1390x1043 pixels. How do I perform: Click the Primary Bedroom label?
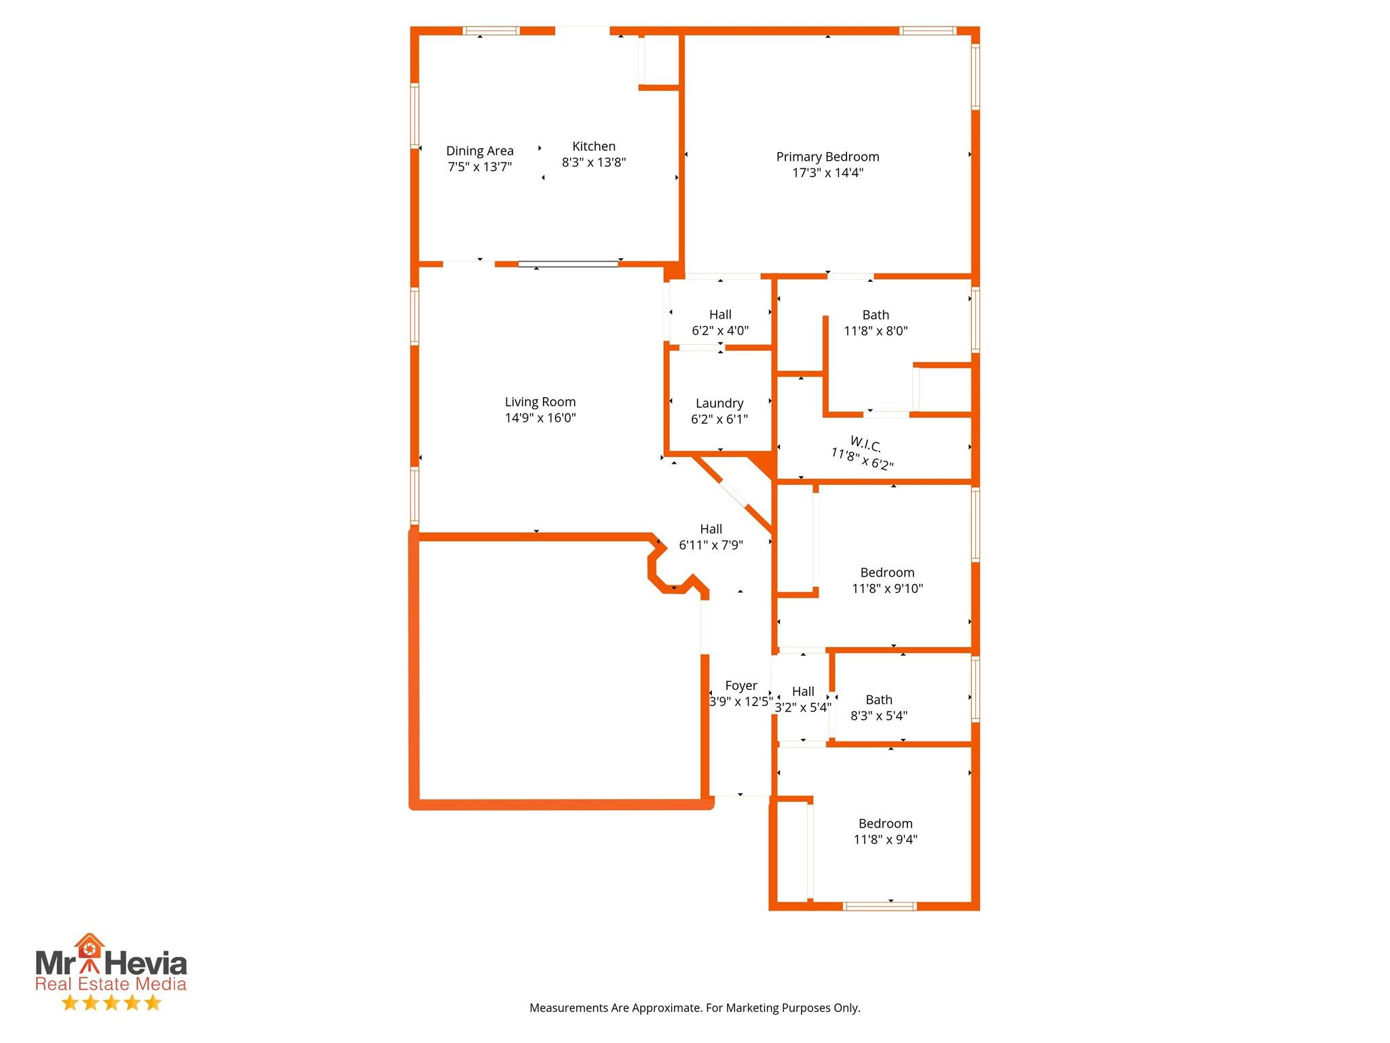tap(827, 157)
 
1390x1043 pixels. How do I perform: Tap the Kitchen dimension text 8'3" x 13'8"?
tap(593, 163)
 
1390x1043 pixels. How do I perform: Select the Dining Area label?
tap(479, 151)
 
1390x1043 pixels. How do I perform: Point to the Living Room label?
tap(540, 402)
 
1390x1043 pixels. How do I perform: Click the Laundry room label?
tap(719, 403)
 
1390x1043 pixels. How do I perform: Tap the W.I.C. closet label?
tap(865, 445)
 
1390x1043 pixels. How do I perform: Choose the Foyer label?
tap(740, 686)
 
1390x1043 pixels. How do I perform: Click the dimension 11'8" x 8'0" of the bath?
tap(876, 331)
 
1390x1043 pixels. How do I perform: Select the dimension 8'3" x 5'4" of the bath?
tap(879, 716)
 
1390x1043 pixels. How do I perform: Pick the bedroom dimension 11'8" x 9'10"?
tap(887, 589)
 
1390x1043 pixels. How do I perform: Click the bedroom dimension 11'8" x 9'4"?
tap(885, 840)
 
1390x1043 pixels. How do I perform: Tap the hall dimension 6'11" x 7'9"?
tap(711, 545)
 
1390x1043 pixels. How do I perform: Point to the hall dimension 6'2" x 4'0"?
tap(720, 331)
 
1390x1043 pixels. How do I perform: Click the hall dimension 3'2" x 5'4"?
tap(803, 708)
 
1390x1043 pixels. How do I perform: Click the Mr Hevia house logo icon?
tap(90, 947)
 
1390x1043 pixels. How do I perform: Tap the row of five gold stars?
tap(111, 1003)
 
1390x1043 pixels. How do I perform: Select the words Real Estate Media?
tap(111, 984)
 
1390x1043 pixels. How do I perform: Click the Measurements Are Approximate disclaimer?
tap(694, 1008)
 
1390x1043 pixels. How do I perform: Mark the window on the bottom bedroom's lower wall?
tap(879, 906)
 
